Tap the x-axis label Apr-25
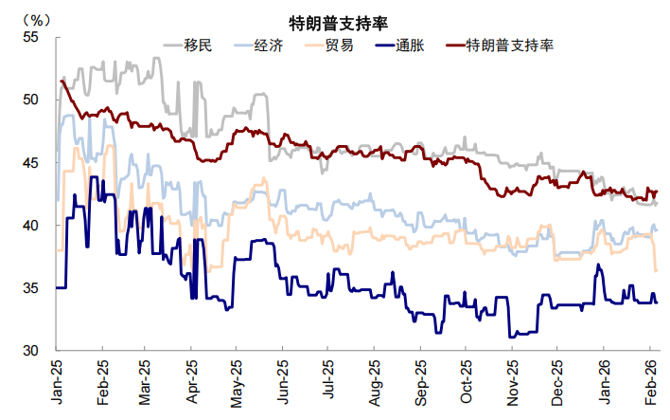click(x=193, y=381)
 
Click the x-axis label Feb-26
click(x=652, y=381)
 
